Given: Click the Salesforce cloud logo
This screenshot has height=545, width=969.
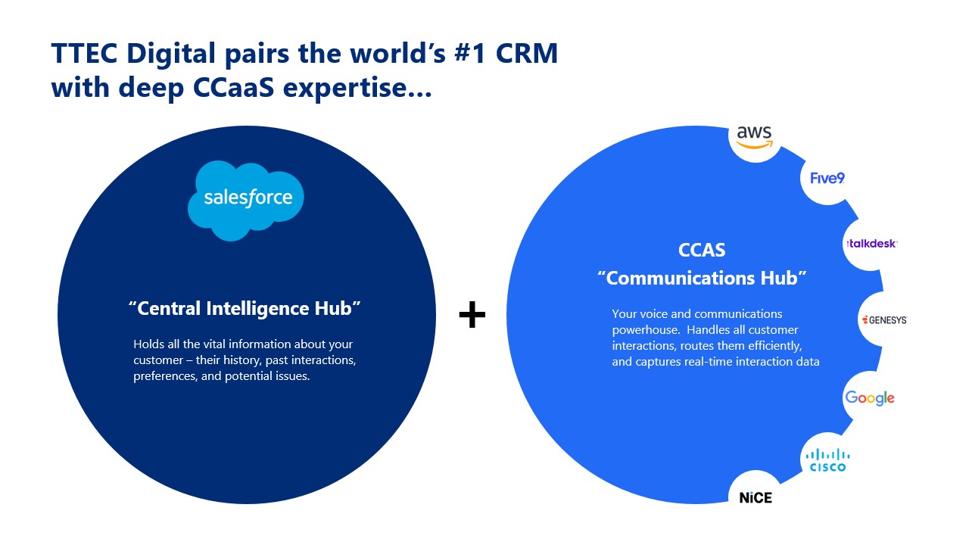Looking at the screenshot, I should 246,199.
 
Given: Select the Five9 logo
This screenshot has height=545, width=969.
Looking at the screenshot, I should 827,178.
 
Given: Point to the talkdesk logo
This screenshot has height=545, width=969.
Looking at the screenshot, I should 871,244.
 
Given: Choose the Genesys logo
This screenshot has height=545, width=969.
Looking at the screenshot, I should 883,320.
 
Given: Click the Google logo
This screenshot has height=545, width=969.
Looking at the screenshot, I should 870,398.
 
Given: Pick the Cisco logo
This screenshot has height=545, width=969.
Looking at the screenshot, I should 827,459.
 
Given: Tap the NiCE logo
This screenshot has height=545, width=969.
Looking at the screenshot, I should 755,497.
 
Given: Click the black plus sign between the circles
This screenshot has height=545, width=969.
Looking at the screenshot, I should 472,314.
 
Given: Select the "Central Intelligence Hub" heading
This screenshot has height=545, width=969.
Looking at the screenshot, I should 245,309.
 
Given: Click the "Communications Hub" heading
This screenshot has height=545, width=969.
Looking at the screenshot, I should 702,278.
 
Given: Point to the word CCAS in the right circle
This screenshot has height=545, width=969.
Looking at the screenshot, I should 703,250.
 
